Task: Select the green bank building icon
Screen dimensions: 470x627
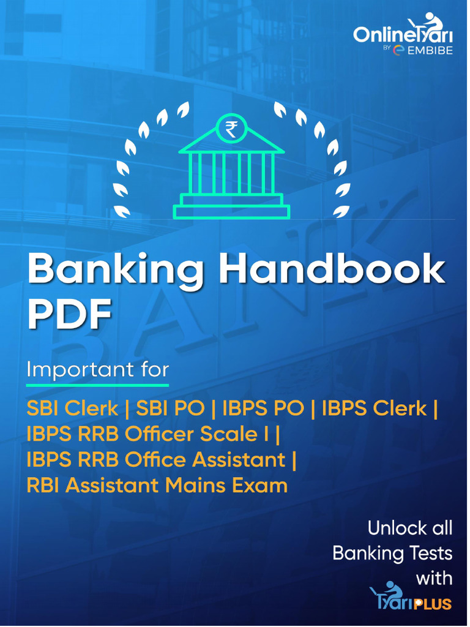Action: point(231,166)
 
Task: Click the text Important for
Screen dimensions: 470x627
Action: point(97,369)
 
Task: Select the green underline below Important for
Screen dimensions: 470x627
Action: point(97,386)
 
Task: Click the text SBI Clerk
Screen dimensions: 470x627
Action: point(72,408)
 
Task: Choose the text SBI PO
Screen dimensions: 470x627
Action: point(170,408)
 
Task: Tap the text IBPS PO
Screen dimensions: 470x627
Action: point(263,408)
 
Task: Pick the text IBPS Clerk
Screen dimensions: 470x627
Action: point(374,408)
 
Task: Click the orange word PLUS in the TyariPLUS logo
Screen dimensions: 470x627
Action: point(433,603)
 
